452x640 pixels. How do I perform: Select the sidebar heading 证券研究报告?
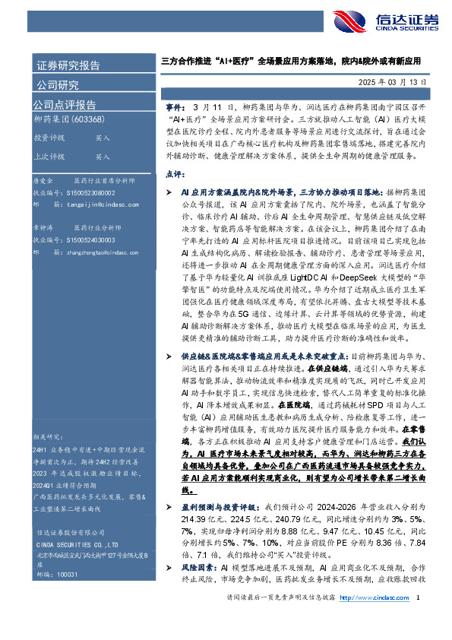click(68, 65)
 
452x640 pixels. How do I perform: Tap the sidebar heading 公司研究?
click(57, 84)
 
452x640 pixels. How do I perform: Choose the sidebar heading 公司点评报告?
click(65, 104)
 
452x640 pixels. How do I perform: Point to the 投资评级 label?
click(48, 139)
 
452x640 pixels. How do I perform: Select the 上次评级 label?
click(48, 157)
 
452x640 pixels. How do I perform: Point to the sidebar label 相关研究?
click(48, 437)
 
